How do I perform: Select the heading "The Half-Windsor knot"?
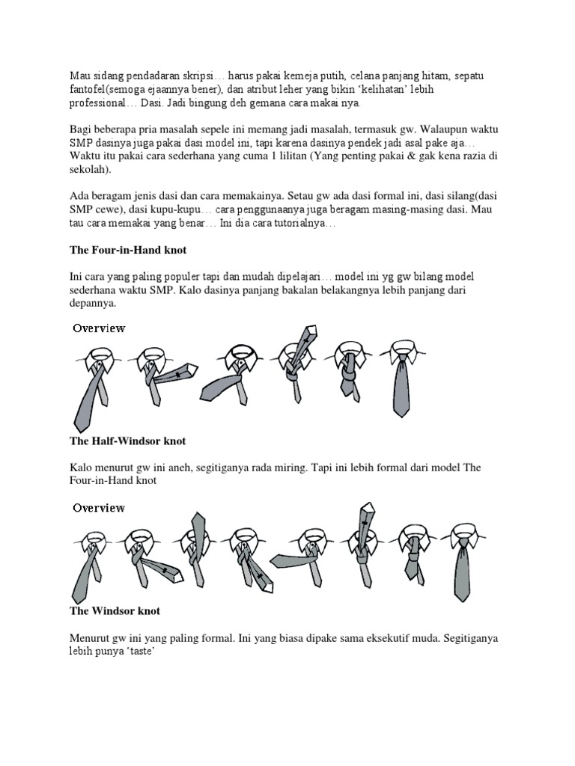[x=127, y=441]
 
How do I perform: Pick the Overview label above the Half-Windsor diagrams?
[x=99, y=508]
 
